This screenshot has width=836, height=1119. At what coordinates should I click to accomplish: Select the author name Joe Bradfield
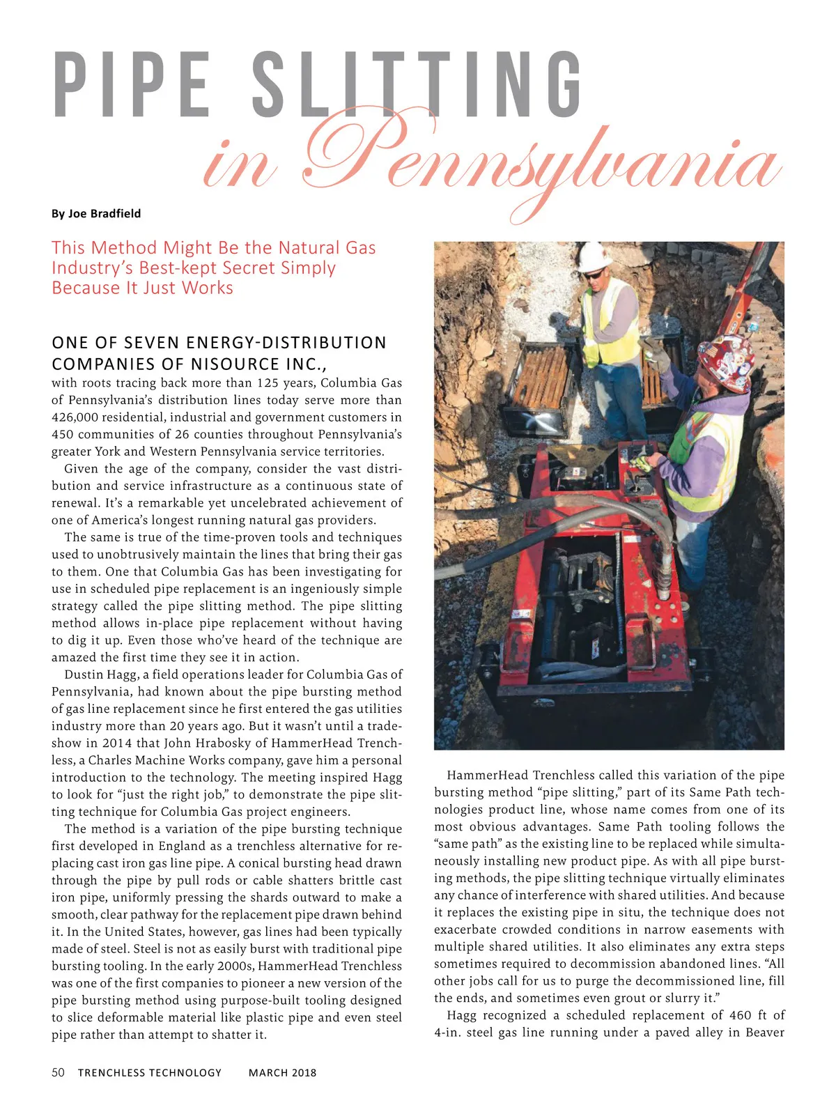[x=104, y=213]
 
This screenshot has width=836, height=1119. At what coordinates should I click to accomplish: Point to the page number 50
[x=59, y=1072]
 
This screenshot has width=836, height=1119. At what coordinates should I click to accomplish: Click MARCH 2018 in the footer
[x=282, y=1072]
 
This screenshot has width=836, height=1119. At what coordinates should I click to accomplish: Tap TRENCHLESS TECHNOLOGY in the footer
[x=150, y=1072]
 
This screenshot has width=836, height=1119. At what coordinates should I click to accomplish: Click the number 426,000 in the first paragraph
[x=76, y=417]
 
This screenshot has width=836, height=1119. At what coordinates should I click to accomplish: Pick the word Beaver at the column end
[x=765, y=1032]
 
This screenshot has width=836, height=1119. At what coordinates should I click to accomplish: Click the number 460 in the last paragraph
[x=741, y=1015]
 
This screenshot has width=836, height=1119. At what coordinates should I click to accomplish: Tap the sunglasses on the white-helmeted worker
[x=594, y=275]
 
